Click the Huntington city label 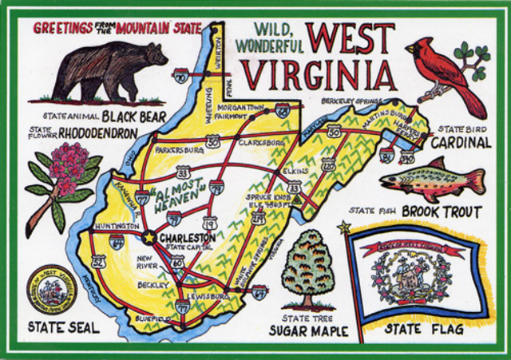[x=115, y=225]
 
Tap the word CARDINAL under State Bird [x=461, y=142]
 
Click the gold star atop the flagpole [x=345, y=228]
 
